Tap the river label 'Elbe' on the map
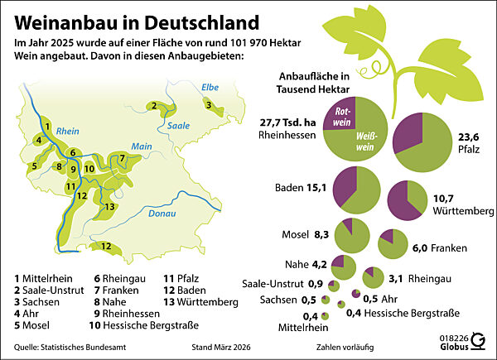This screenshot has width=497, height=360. tap(210, 85)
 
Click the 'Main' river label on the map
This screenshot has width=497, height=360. tap(140, 146)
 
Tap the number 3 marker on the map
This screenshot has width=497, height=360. tap(210, 104)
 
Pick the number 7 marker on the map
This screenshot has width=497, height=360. tap(122, 158)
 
